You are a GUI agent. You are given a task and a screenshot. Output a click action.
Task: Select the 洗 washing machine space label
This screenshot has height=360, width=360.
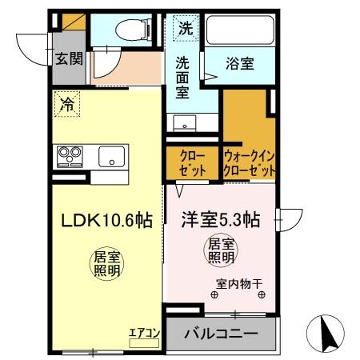[185, 28]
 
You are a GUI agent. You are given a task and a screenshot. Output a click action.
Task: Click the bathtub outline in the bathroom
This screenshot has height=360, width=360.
[238, 33]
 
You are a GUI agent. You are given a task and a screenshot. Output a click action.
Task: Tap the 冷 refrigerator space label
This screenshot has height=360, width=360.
[68, 103]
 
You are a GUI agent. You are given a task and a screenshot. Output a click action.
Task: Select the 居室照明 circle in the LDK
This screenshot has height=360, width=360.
[106, 265]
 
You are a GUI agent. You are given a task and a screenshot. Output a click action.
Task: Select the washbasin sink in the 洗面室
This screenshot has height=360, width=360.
[186, 125]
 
